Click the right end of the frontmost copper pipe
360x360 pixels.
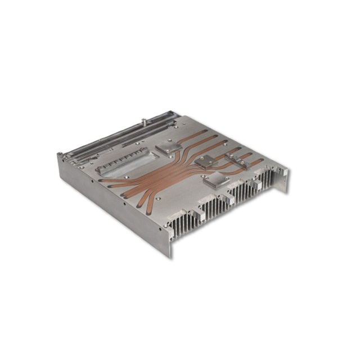click(260, 162)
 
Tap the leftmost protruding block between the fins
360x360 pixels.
click(197, 216)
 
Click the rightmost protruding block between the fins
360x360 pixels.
click(258, 186)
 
